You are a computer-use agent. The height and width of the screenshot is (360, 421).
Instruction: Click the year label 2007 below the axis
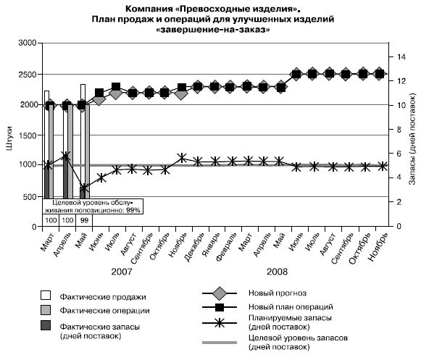point(122,272)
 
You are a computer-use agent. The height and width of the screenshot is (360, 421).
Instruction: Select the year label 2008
point(277,272)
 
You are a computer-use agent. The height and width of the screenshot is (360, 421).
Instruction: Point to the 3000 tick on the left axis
point(27,43)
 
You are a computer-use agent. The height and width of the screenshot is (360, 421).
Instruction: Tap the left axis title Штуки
point(9,138)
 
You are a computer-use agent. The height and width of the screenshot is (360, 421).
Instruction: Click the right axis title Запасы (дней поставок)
point(412,139)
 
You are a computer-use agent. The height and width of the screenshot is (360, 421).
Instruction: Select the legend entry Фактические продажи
point(103,297)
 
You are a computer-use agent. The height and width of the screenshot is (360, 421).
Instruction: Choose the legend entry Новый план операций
point(291,307)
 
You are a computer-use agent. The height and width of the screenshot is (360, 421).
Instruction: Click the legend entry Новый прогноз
point(278,293)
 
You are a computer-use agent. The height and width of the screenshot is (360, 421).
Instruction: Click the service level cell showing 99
point(84,220)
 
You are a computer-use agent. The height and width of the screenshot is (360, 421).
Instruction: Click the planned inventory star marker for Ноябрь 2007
point(182,158)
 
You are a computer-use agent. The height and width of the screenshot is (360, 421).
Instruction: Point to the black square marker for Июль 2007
point(116,87)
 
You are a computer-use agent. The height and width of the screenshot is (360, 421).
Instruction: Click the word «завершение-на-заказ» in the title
point(213,30)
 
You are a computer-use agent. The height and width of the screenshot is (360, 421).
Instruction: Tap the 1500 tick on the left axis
point(27,135)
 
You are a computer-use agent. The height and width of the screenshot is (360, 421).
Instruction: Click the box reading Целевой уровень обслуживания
point(93,206)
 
